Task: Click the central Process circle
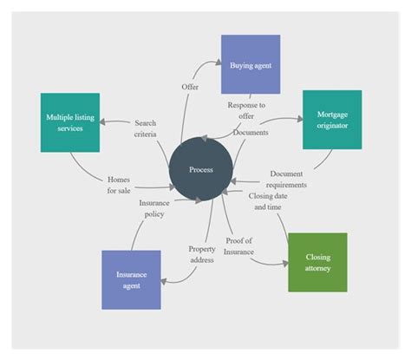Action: tap(201, 170)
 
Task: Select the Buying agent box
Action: tap(250, 64)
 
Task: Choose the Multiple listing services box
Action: tap(69, 122)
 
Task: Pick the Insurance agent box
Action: tap(131, 279)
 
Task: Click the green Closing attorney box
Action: tap(317, 262)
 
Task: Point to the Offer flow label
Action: tap(190, 88)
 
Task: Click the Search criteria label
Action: tap(146, 128)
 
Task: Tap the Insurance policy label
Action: tap(154, 208)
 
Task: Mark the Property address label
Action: tap(202, 253)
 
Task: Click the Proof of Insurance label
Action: tap(240, 245)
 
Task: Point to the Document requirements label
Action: tap(287, 179)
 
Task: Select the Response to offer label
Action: tap(247, 110)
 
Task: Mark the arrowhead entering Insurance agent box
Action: tap(164, 278)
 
